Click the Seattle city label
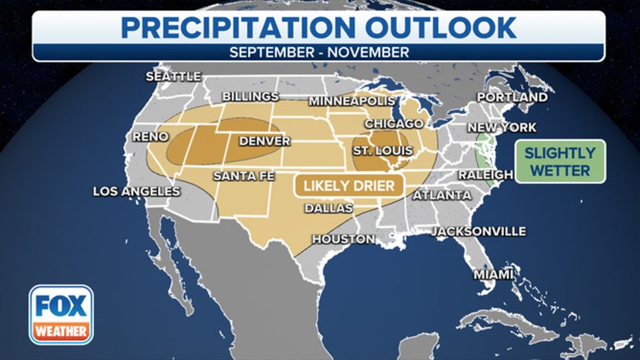pyautogui.click(x=173, y=76)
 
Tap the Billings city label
pyautogui.click(x=250, y=96)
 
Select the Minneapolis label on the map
pyautogui.click(x=352, y=101)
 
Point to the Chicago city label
pyautogui.click(x=393, y=123)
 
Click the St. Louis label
pyautogui.click(x=382, y=150)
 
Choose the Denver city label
pyautogui.click(x=264, y=141)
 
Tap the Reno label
pyautogui.click(x=150, y=137)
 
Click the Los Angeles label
pyautogui.click(x=137, y=191)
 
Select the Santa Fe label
pyautogui.click(x=244, y=176)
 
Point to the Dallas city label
pyautogui.click(x=328, y=207)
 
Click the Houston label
pyautogui.click(x=343, y=239)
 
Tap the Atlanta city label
pyautogui.click(x=442, y=195)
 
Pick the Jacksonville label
pyautogui.click(x=479, y=232)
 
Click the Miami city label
pyautogui.click(x=493, y=274)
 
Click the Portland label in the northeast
pyautogui.click(x=512, y=97)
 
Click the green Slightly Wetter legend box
pyautogui.click(x=560, y=161)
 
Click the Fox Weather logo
pyautogui.click(x=61, y=314)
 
